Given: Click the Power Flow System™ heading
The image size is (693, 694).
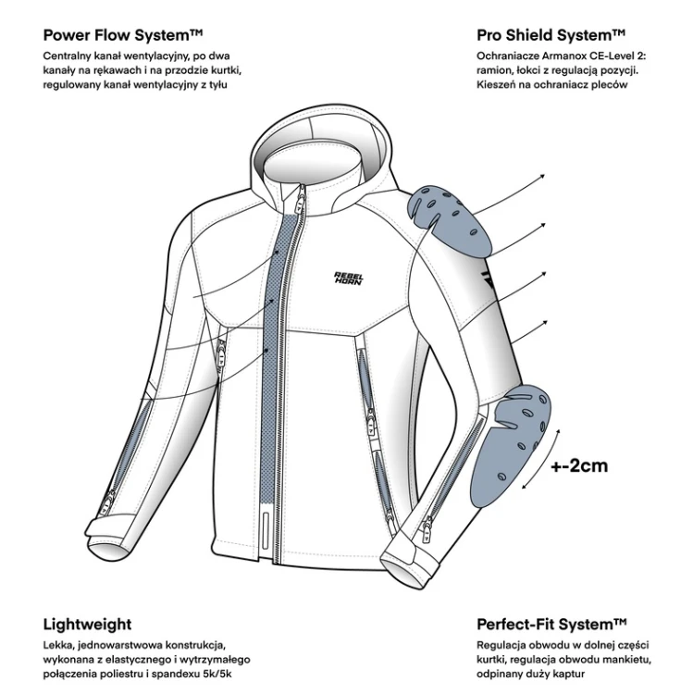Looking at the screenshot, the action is pyautogui.click(x=123, y=35).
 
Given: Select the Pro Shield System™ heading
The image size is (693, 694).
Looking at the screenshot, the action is pyautogui.click(x=551, y=35).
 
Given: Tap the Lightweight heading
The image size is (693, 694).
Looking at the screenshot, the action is pyautogui.click(x=87, y=625).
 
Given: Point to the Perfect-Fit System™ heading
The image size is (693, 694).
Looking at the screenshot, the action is pyautogui.click(x=551, y=625).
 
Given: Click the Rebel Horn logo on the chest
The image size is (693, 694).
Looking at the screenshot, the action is pyautogui.click(x=349, y=279).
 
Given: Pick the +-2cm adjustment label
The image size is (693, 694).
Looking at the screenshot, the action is pyautogui.click(x=579, y=465).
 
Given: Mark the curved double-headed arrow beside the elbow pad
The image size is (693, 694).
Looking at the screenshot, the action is pyautogui.click(x=542, y=459).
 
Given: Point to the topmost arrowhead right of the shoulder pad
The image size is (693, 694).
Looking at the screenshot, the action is pyautogui.click(x=542, y=177).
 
